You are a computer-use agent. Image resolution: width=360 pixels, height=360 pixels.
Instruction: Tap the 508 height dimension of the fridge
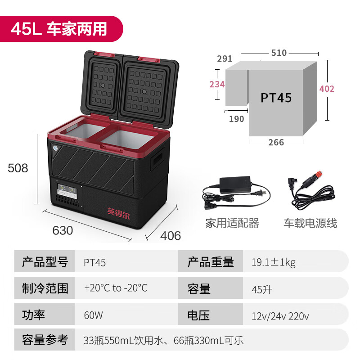pyautogui.click(x=18, y=168)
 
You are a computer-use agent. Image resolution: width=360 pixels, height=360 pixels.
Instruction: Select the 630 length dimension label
pyautogui.click(x=63, y=230)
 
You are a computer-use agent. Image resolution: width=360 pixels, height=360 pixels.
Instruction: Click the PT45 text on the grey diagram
pyautogui.click(x=276, y=98)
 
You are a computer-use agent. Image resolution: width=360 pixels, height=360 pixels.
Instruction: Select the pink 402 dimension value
pyautogui.click(x=327, y=89)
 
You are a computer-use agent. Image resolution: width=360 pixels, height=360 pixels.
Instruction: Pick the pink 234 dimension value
pyautogui.click(x=217, y=84)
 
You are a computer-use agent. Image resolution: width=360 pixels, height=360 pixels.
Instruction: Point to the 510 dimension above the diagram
pyautogui.click(x=279, y=53)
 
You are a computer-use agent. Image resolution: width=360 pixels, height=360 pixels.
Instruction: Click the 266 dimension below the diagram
pyautogui.click(x=276, y=142)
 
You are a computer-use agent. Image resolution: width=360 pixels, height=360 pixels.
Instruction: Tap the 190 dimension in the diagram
pyautogui.click(x=236, y=119)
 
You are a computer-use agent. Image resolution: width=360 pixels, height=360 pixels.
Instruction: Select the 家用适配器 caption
pyautogui.click(x=232, y=223)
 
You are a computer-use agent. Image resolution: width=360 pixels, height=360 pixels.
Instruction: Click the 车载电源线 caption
pyautogui.click(x=310, y=223)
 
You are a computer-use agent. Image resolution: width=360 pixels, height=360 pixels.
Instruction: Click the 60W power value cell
pyautogui.click(x=94, y=315)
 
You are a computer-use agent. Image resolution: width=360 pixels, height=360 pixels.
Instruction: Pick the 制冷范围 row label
pyautogui.click(x=45, y=288)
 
